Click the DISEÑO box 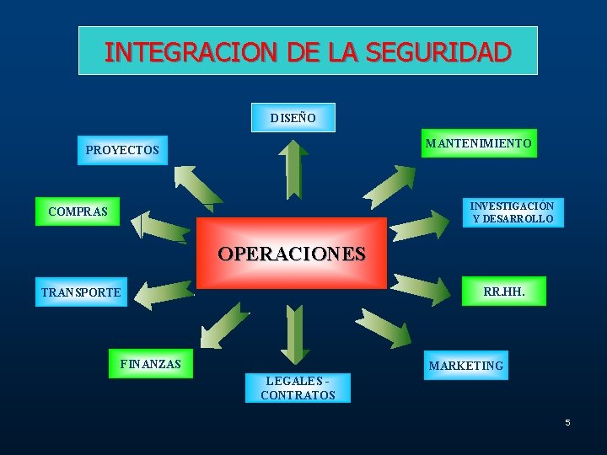click(x=293, y=118)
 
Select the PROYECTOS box click(x=122, y=150)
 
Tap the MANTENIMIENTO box click(x=478, y=143)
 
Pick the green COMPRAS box click(x=78, y=211)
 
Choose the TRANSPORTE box click(x=81, y=292)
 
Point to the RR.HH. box click(x=503, y=292)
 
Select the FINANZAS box click(x=151, y=364)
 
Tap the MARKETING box click(x=466, y=366)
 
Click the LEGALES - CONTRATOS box click(x=298, y=388)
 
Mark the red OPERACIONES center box click(x=292, y=253)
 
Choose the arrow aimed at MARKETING click(x=384, y=326)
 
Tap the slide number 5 click(x=567, y=422)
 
